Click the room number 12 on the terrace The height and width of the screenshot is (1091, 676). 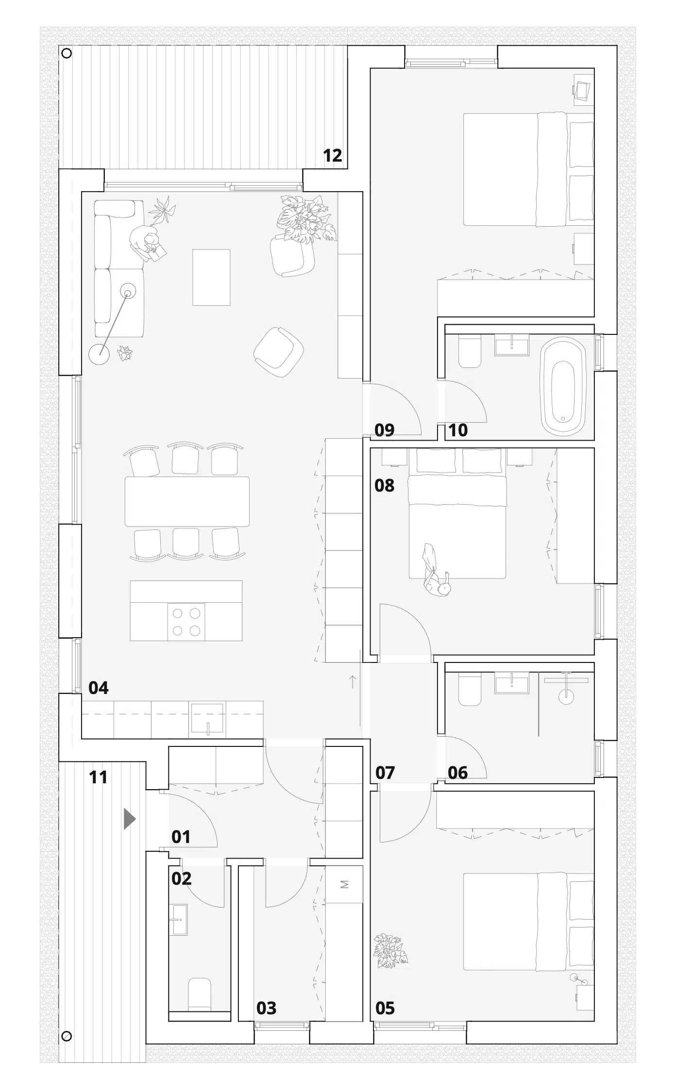(x=333, y=155)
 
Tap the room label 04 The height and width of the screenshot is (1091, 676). (x=99, y=688)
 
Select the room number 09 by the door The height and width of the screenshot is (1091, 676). (x=385, y=430)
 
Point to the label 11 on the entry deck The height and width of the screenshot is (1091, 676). (x=98, y=777)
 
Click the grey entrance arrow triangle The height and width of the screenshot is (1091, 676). (x=129, y=819)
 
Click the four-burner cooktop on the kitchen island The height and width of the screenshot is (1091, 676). (x=186, y=622)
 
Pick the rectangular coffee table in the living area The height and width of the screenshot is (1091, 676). (x=211, y=277)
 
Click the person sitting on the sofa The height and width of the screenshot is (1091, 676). (x=147, y=243)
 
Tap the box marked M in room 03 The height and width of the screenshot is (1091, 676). (x=344, y=884)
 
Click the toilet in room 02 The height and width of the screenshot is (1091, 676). (x=200, y=994)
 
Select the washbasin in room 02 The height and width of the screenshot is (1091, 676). (x=180, y=919)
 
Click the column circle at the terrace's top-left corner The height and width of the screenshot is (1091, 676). (x=67, y=53)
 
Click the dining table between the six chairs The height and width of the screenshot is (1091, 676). (x=187, y=501)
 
